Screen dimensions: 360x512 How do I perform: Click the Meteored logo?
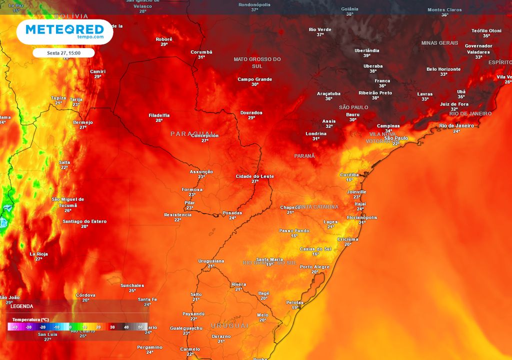coord(64,31)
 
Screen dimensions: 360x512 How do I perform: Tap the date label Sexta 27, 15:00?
coord(63,53)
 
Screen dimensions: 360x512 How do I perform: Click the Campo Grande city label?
coord(254,79)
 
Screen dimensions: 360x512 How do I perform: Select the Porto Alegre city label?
coord(314,267)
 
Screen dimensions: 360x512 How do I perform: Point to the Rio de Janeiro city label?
coord(456,126)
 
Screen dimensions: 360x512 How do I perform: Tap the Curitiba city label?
coord(349,174)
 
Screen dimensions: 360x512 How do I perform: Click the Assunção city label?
coord(201,172)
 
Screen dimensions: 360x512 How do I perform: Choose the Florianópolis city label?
coord(362,217)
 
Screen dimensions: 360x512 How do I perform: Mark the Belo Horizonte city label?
coord(443,69)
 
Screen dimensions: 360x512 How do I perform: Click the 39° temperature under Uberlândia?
coord(366,55)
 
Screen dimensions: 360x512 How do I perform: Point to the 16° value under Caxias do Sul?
coord(315,254)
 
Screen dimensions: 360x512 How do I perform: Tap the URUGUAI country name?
coord(229,325)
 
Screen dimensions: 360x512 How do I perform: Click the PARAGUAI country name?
coord(187,134)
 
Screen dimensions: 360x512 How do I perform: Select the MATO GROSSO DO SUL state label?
coord(257,62)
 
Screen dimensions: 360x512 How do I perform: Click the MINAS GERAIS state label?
coord(439,43)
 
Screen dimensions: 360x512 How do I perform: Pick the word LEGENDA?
coord(22,306)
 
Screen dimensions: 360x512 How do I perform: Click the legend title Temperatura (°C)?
coord(30,319)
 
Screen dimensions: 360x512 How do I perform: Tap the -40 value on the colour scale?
coord(14,327)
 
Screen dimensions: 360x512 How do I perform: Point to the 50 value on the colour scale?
coord(140,327)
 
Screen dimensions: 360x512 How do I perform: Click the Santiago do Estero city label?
coord(84,221)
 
